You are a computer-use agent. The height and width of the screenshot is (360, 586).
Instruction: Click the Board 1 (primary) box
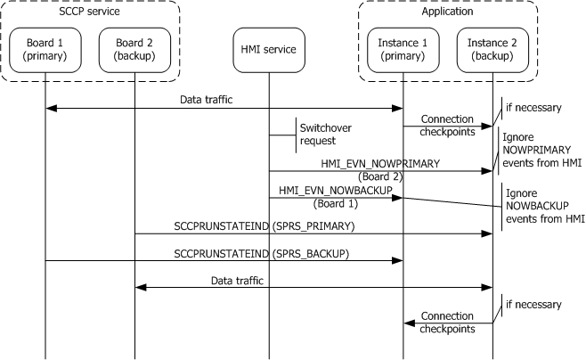[x=45, y=49]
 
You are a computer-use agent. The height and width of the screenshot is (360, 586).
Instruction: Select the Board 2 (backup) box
[x=134, y=49]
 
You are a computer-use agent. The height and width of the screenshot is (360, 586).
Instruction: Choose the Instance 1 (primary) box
[x=403, y=49]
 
